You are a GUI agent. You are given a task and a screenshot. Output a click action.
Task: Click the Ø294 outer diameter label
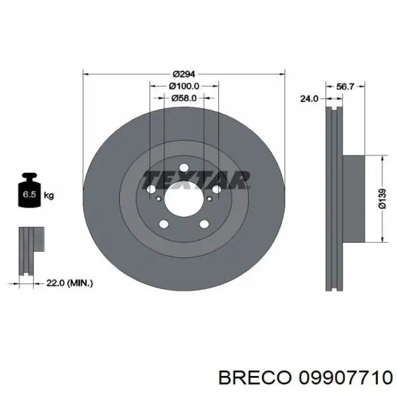tap(184, 74)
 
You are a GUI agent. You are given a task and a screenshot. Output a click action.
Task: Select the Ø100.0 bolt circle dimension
tap(184, 86)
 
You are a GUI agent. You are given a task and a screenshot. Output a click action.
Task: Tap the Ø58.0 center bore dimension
tap(184, 98)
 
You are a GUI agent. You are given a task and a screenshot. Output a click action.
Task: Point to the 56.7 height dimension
tap(345, 87)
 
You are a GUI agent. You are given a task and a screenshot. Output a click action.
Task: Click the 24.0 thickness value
tap(309, 99)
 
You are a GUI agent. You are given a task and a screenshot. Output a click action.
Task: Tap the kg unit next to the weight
tap(49, 196)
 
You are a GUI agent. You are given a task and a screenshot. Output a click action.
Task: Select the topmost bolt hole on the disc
tap(184, 168)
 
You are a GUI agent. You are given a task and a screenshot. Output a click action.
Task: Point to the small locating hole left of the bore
tap(157, 198)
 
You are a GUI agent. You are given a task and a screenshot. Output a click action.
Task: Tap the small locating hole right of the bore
tap(210, 198)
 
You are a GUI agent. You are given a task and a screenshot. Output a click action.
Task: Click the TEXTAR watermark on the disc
tap(196, 179)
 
